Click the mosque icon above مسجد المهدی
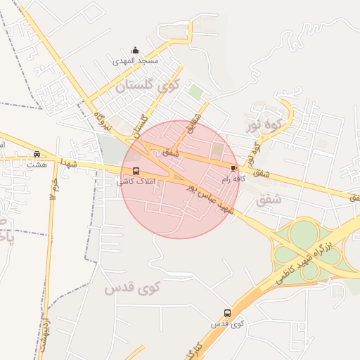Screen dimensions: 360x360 136,51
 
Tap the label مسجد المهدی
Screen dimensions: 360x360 136,61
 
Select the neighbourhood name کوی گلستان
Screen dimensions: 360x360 148,86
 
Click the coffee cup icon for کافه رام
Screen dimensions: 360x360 234,169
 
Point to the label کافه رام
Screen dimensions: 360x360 235,179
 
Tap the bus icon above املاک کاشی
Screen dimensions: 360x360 136,171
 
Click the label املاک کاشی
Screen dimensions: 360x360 131,182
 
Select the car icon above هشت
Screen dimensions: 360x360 37,155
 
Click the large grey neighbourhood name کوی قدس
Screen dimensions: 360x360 133,288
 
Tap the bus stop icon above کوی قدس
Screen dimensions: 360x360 227,313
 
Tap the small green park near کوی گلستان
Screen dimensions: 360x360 195,92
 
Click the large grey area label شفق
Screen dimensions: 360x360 269,199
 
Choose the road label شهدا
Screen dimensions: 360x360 68,164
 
